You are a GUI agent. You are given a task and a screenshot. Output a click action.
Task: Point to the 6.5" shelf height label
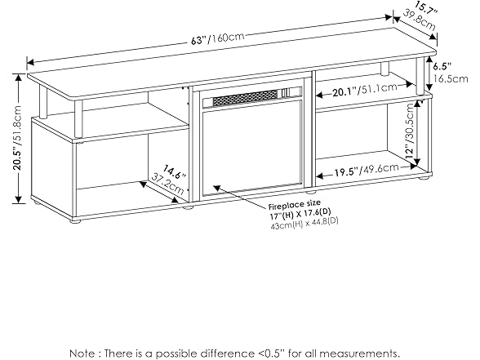pyautogui.click(x=442, y=66)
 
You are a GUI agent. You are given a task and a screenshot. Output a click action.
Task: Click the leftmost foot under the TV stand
pyautogui.click(x=76, y=219)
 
